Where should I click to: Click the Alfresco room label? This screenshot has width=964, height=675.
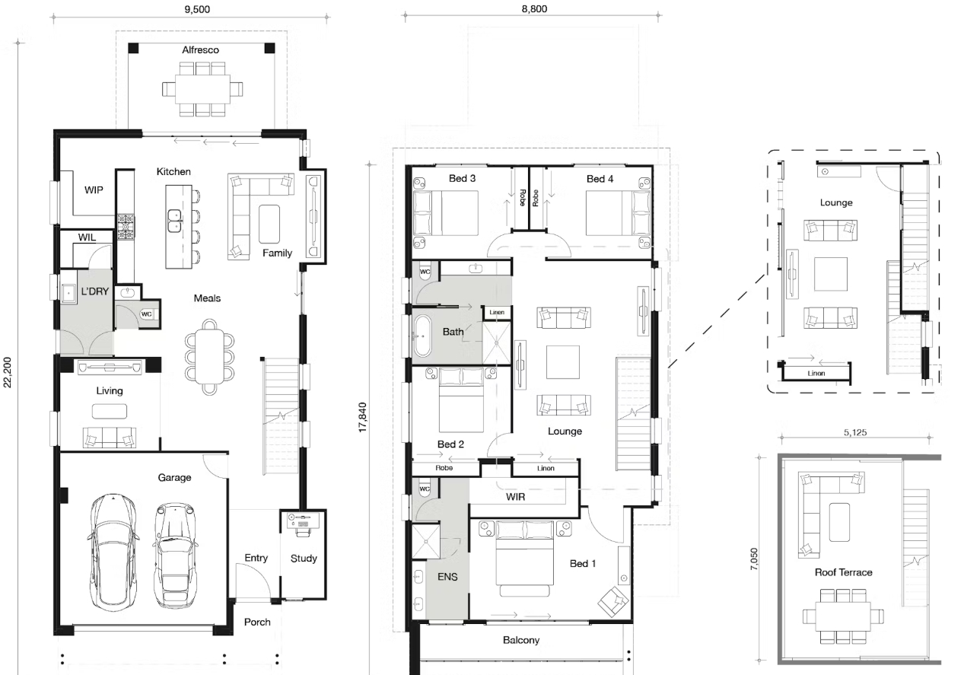(x=200, y=50)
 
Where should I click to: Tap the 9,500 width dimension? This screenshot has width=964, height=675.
(x=197, y=9)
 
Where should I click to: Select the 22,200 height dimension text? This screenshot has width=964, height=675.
(x=8, y=372)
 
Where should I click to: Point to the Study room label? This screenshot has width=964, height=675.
(x=304, y=559)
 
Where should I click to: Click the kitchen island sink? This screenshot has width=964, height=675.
(x=174, y=221)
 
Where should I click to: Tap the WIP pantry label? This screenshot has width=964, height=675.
(x=94, y=189)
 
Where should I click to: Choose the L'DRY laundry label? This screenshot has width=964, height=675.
(x=94, y=291)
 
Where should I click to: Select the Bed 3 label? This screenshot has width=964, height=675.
(x=462, y=178)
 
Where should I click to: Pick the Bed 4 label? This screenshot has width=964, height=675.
(x=600, y=179)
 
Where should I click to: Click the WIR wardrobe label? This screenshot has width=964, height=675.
(x=515, y=497)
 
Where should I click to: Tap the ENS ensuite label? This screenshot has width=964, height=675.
(x=447, y=577)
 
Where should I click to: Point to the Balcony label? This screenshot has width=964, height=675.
(x=520, y=640)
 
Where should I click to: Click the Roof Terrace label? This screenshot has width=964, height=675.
(x=843, y=572)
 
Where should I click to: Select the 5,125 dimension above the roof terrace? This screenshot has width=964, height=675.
(x=854, y=432)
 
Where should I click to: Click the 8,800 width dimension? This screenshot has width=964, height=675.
(x=534, y=8)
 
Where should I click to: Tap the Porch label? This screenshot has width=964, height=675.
(x=257, y=622)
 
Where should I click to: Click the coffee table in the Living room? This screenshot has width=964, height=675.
(x=110, y=411)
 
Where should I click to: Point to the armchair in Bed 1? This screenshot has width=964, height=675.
(x=613, y=601)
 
